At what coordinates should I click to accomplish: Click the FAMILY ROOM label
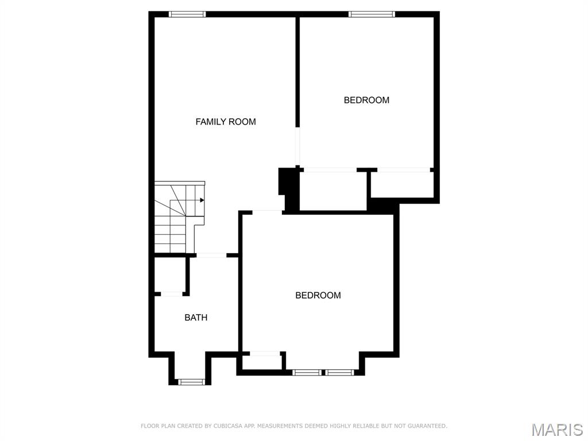coord(226,122)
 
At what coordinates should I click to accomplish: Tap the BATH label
coord(196,318)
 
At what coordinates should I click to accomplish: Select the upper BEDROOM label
coord(366,100)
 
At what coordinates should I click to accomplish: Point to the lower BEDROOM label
coord(318,295)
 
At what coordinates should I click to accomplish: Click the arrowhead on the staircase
coord(202,200)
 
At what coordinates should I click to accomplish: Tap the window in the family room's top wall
coord(187,14)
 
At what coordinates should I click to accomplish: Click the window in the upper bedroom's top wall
coord(372,14)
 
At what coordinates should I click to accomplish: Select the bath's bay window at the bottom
coord(191,381)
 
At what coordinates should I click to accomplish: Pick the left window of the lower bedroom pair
coord(307,373)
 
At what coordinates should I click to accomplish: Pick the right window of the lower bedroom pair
coord(340,373)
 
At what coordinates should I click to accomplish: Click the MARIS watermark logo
coord(556,430)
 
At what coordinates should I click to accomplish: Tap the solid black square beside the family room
coord(288,187)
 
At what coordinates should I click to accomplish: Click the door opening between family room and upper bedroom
coord(297,146)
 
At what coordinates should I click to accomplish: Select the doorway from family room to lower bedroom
coord(268,212)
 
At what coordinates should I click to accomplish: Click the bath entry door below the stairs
coord(211,255)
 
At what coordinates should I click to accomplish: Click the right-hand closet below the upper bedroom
coord(401,184)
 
